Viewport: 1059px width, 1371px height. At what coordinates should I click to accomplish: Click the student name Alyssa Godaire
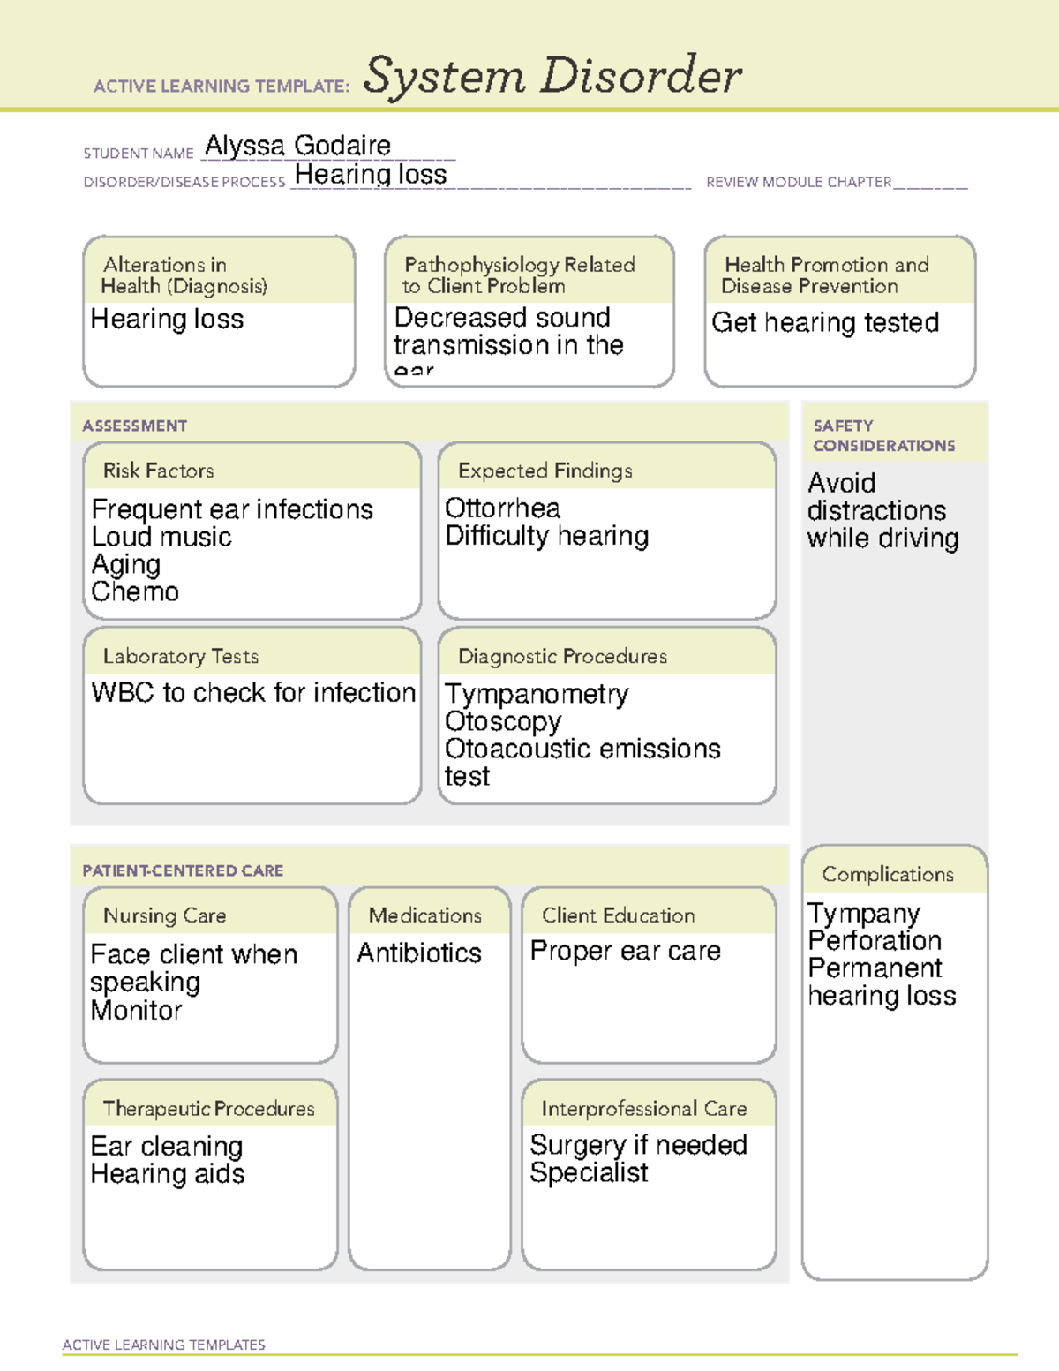point(297,146)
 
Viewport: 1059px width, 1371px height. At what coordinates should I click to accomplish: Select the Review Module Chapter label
point(798,182)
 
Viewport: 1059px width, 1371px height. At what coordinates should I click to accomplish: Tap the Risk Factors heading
point(158,471)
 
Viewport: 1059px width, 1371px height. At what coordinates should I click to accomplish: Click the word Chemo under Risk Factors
point(135,591)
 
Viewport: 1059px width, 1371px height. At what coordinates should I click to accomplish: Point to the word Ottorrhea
point(502,508)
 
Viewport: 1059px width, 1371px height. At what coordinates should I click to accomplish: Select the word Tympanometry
point(537,695)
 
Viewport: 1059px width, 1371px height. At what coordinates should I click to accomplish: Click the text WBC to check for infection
point(253,693)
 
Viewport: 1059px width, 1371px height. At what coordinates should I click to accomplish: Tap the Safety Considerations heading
point(883,436)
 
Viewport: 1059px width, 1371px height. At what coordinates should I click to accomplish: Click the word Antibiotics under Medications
point(419,953)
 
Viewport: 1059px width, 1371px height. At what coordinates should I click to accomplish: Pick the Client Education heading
point(618,915)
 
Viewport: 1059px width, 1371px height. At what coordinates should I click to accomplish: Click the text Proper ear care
point(625,952)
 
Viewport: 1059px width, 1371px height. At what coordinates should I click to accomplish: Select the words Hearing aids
point(168,1174)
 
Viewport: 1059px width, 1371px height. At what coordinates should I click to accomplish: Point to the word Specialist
point(589,1173)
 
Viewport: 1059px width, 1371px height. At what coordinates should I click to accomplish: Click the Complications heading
point(888,874)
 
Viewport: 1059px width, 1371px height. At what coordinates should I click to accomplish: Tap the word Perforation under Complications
point(875,941)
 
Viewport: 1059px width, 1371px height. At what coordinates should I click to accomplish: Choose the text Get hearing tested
point(825,323)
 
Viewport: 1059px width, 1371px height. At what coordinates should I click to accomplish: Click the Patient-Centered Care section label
point(183,870)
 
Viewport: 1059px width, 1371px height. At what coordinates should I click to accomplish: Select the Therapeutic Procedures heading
point(208,1108)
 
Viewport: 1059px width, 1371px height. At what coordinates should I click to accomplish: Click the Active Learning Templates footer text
point(163,1345)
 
